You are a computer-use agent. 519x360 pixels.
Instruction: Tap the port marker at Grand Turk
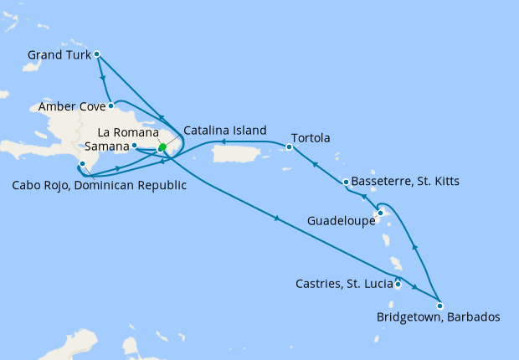pyautogui.click(x=97, y=54)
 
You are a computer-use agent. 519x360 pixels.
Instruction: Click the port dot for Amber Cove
pyautogui.click(x=110, y=105)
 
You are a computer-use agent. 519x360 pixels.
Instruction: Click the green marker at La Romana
pyautogui.click(x=162, y=147)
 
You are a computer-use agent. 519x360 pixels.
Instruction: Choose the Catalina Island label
pyautogui.click(x=224, y=131)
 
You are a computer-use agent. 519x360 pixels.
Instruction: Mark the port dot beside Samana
pyautogui.click(x=135, y=145)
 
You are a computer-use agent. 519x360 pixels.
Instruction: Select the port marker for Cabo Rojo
pyautogui.click(x=82, y=163)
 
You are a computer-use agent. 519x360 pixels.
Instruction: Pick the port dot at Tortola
pyautogui.click(x=289, y=147)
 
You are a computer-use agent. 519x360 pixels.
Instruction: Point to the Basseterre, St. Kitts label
pyautogui.click(x=406, y=181)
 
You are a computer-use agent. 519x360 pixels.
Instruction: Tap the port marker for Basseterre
pyautogui.click(x=346, y=182)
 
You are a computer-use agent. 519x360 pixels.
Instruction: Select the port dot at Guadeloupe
pyautogui.click(x=379, y=213)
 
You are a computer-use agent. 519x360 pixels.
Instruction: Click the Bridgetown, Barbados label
pyautogui.click(x=439, y=317)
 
